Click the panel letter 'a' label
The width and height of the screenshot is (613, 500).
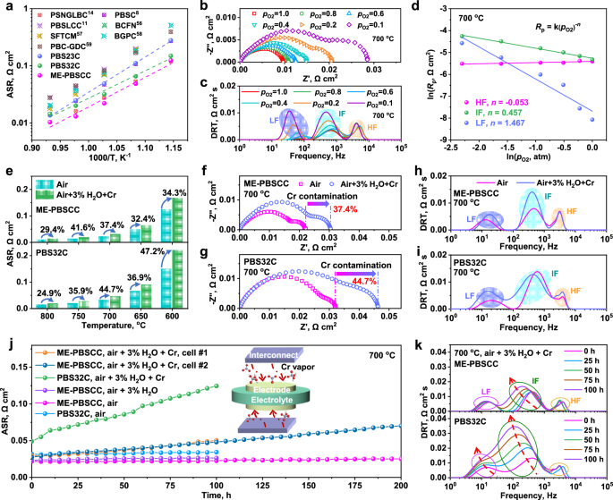(7, 7)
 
